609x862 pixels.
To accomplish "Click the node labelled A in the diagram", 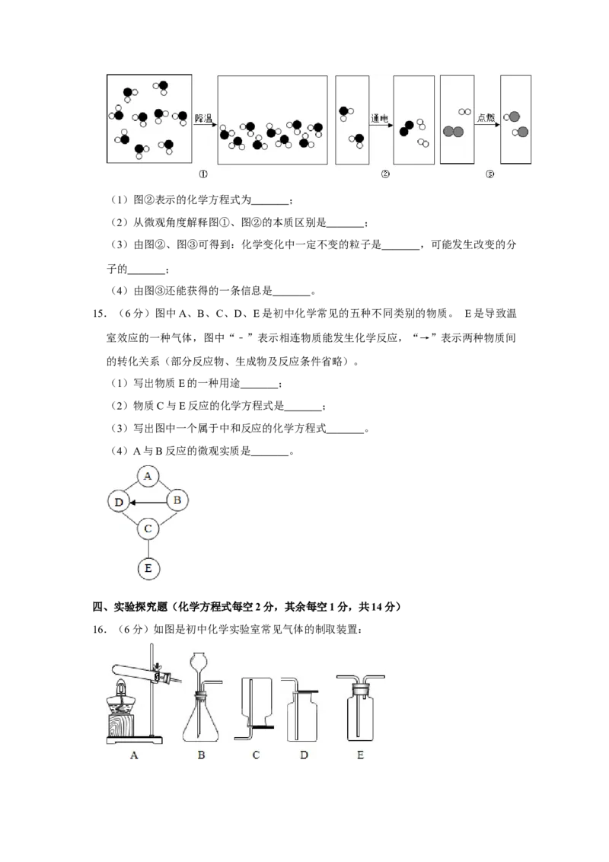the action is pyautogui.click(x=148, y=476).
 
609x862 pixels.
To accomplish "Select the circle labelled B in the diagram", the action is pyautogui.click(x=177, y=500).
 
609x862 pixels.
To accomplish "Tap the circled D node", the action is pyautogui.click(x=119, y=501).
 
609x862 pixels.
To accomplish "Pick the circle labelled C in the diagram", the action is pyautogui.click(x=148, y=529).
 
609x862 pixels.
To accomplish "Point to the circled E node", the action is pyautogui.click(x=148, y=568).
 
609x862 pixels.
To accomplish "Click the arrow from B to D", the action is pyautogui.click(x=148, y=502).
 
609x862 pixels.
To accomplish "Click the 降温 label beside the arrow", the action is pyautogui.click(x=203, y=117).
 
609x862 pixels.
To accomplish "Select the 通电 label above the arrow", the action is pyautogui.click(x=379, y=117).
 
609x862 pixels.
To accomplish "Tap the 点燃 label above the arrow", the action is pyautogui.click(x=486, y=117).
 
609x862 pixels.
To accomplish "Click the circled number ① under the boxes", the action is pyautogui.click(x=203, y=174).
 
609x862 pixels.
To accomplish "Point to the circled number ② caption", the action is pyautogui.click(x=384, y=174).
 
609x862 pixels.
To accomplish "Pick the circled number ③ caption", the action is pyautogui.click(x=489, y=174).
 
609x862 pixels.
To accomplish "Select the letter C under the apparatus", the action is pyautogui.click(x=256, y=755).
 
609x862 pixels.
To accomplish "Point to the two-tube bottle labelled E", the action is pyautogui.click(x=361, y=709).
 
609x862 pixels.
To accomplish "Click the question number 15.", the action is pyautogui.click(x=100, y=314).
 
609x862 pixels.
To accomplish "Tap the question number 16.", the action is pyautogui.click(x=100, y=630).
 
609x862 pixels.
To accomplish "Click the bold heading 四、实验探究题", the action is pyautogui.click(x=129, y=607).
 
